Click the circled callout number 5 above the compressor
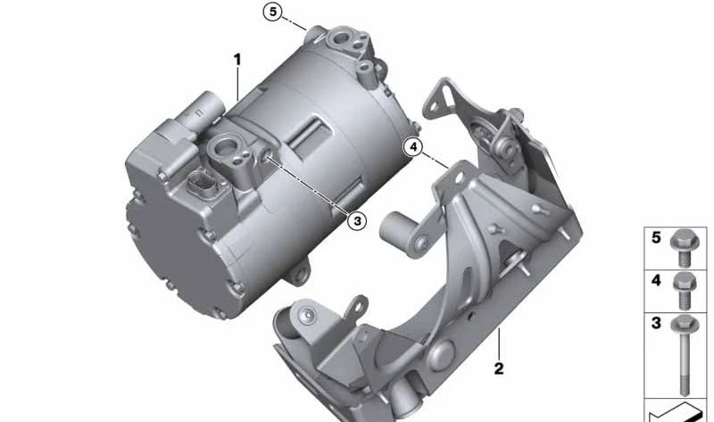[273, 12]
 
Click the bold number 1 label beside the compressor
[237, 59]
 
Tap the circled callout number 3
[357, 221]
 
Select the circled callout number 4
[413, 147]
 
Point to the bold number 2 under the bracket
[499, 368]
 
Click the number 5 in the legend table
[656, 237]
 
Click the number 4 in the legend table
[656, 280]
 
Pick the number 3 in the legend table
[656, 323]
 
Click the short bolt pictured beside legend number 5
[685, 248]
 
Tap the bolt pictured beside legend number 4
[685, 291]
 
